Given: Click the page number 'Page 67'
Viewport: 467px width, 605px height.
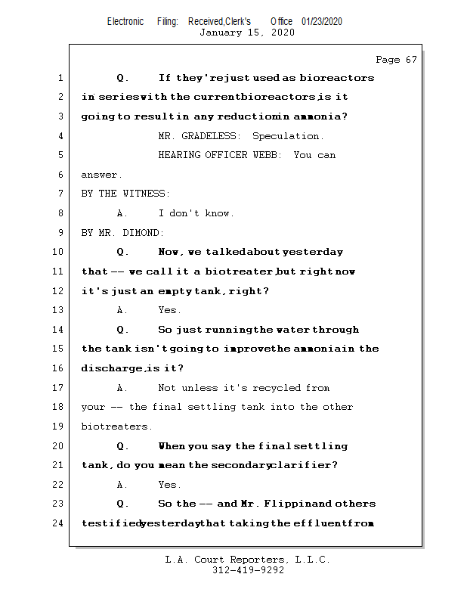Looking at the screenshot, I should [396, 60].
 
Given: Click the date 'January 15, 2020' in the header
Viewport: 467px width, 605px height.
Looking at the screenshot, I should [247, 33].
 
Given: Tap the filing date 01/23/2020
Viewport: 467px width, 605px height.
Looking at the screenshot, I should [321, 21].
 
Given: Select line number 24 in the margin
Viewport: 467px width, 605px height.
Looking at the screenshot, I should [60, 523].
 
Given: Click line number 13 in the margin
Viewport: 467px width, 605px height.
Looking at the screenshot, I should [60, 310].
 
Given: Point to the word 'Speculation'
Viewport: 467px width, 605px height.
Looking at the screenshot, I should [288, 136].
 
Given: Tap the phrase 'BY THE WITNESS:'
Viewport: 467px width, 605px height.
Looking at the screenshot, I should [125, 194].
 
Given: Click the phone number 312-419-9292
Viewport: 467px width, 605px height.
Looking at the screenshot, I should [249, 570].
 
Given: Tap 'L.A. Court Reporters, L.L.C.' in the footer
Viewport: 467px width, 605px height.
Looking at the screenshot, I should [248, 560].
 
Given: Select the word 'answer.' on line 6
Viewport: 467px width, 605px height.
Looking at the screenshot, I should [101, 175].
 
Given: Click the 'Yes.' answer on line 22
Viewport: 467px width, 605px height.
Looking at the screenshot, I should [169, 485].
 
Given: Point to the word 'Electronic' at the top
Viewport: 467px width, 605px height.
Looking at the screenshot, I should [125, 21].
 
